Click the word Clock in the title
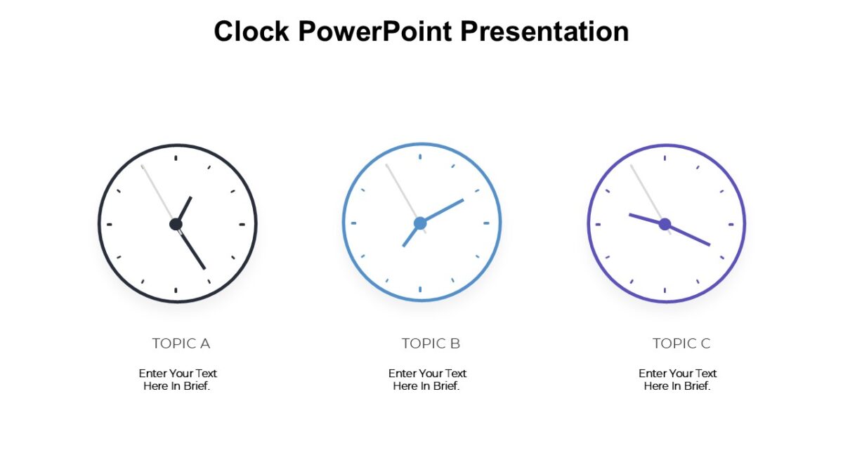(252, 32)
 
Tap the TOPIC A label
(181, 343)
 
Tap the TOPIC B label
(431, 343)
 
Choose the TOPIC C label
(681, 343)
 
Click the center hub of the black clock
(176, 224)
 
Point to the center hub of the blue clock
(420, 223)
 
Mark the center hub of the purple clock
(665, 224)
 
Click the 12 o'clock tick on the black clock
(176, 158)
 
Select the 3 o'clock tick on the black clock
(242, 225)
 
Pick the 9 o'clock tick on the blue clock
(353, 223)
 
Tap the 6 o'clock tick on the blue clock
(420, 289)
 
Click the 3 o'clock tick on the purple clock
(731, 225)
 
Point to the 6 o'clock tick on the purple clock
(665, 290)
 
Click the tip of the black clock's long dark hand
(204, 268)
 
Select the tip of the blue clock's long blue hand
(463, 200)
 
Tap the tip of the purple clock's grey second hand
(631, 165)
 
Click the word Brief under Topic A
(197, 386)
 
